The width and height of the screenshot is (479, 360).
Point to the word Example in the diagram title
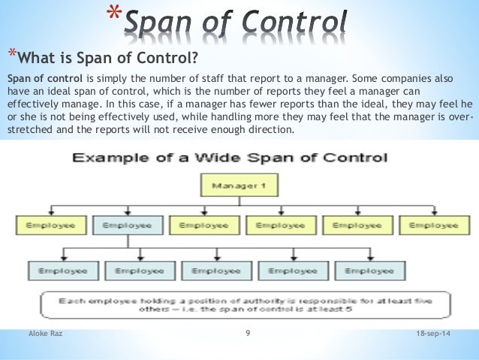[107, 158]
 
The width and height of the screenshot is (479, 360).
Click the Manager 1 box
[237, 185]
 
